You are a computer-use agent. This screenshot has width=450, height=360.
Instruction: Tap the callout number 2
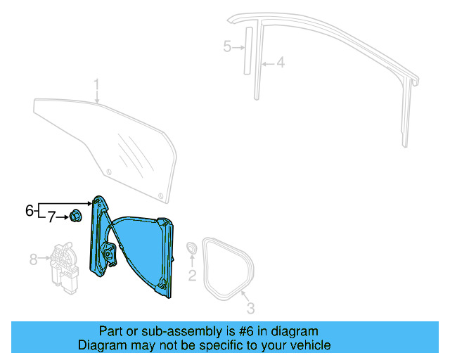pyautogui.click(x=191, y=275)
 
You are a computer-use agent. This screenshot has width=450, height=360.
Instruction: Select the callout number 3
pyautogui.click(x=250, y=307)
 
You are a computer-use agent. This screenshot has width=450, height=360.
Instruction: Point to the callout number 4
pyautogui.click(x=280, y=63)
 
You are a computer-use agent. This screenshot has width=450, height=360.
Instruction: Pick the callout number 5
pyautogui.click(x=227, y=47)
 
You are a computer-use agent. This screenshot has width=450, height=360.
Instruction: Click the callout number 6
pyautogui.click(x=30, y=210)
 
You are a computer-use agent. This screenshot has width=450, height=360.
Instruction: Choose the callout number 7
pyautogui.click(x=51, y=218)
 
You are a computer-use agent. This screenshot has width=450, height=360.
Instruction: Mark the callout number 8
pyautogui.click(x=32, y=259)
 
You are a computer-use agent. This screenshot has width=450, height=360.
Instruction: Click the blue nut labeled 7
pyautogui.click(x=77, y=217)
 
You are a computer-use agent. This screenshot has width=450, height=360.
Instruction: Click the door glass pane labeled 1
pyautogui.click(x=105, y=137)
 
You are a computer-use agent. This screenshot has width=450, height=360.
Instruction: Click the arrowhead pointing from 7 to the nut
pyautogui.click(x=67, y=218)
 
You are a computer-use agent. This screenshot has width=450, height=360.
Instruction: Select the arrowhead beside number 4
pyautogui.click(x=263, y=63)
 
